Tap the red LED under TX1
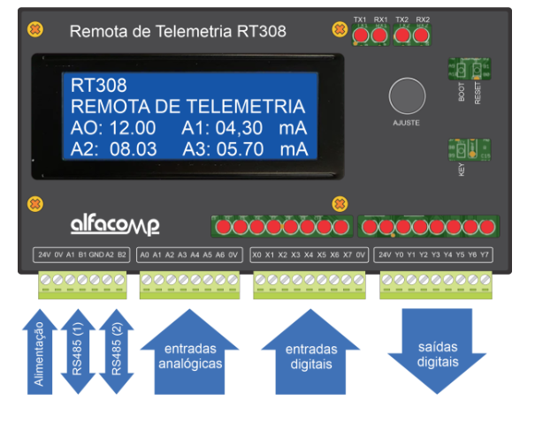coord(362,35)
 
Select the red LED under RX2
coord(421,35)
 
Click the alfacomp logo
coord(115,224)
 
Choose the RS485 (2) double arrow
coord(116,351)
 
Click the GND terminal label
coord(97,256)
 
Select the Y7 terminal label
coord(485,256)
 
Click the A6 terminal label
coord(219,256)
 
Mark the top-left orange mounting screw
coord(34,29)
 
